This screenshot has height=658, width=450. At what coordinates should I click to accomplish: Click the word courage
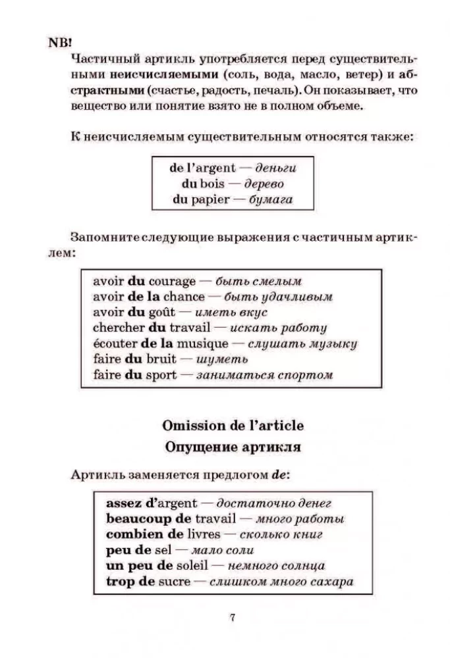coord(172,281)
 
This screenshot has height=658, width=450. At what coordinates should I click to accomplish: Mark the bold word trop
coord(118,582)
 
